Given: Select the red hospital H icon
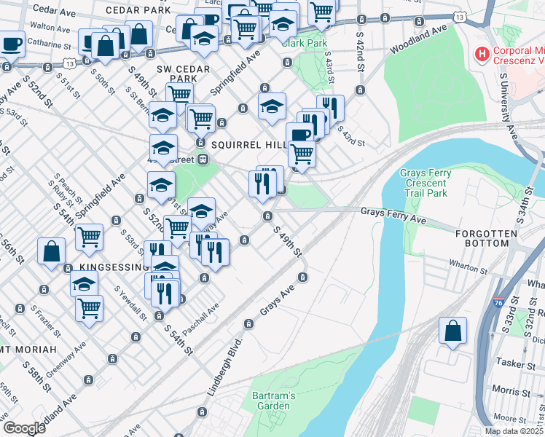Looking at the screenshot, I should (x=481, y=54).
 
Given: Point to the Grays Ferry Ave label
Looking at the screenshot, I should (x=393, y=211).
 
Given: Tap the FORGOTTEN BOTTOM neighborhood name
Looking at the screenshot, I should (x=486, y=234).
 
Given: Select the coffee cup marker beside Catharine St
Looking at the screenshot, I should (x=12, y=44).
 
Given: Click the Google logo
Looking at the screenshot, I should (x=24, y=428).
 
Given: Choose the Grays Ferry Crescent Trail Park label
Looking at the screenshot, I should (x=426, y=184).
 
